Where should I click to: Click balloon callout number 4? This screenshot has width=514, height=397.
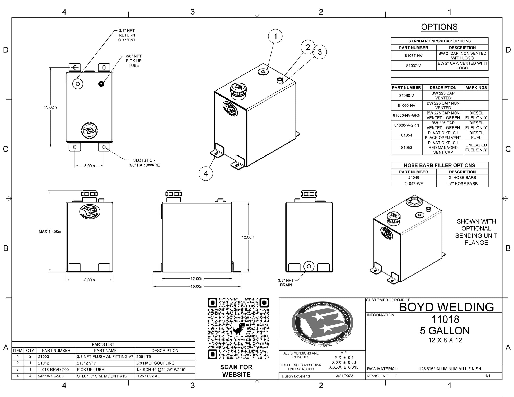(206, 174)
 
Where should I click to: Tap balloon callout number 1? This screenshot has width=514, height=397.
(275, 36)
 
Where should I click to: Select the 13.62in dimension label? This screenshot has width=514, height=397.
(50, 107)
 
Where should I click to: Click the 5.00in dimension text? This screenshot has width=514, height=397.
(89, 166)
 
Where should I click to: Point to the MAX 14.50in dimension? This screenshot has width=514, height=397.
(50, 231)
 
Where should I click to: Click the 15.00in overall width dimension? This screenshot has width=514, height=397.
(197, 286)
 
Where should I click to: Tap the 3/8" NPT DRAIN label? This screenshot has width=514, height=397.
(286, 283)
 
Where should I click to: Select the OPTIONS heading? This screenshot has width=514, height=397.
(439, 27)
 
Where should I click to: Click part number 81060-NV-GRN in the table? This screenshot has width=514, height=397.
(406, 115)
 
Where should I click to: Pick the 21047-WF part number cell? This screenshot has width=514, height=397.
(413, 184)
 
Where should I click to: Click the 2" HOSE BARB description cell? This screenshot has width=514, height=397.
(462, 178)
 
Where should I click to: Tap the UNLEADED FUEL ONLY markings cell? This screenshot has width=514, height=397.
(476, 148)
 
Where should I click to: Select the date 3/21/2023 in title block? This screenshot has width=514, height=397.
(344, 376)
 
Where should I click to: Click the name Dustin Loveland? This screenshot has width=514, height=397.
(296, 376)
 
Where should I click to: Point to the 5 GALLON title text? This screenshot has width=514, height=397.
(445, 331)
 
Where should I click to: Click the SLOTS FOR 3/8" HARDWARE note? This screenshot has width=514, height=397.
(144, 163)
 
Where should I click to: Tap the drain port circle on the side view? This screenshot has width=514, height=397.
(309, 266)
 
